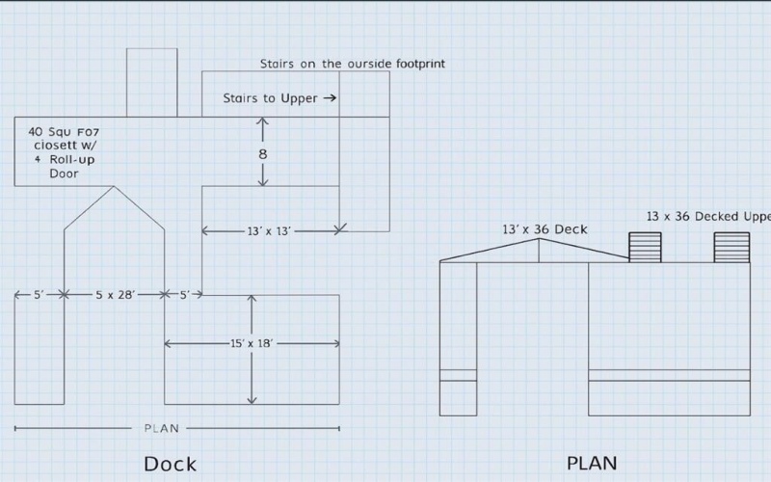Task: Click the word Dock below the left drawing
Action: [170, 464]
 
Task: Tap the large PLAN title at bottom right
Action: [591, 464]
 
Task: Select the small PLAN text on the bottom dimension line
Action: [161, 428]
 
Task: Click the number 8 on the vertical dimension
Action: [263, 153]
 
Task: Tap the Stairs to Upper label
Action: [270, 97]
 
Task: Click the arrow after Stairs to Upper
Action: [330, 97]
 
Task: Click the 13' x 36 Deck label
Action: [545, 229]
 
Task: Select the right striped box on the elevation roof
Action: [731, 247]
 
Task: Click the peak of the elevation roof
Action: [538, 239]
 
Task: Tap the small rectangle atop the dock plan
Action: [152, 82]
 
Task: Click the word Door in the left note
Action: [64, 174]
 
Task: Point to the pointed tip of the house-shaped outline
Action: [114, 187]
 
